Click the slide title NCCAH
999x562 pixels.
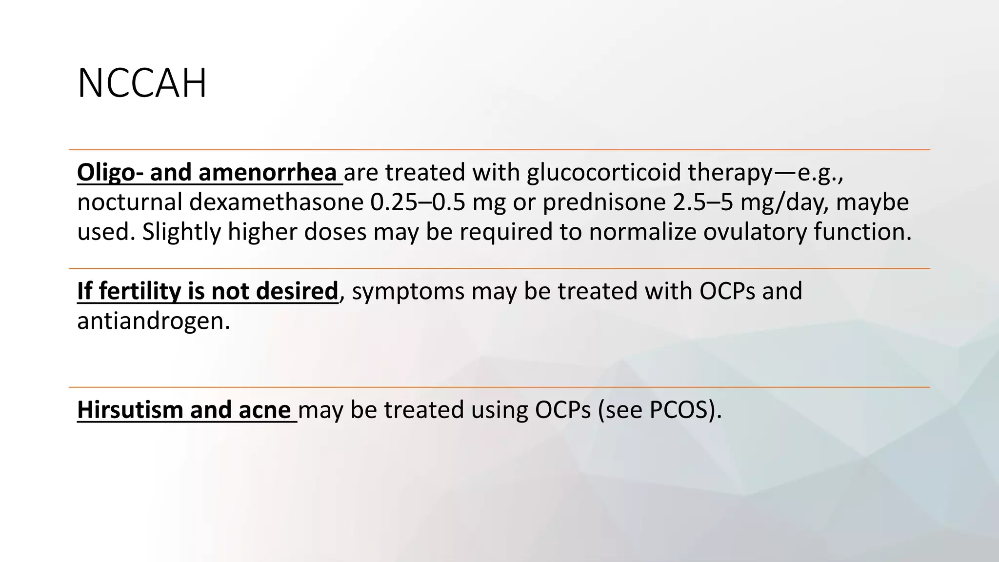pos(142,84)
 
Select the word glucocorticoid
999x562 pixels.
pos(604,172)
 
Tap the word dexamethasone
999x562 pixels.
pos(276,202)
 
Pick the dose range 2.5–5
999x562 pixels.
pos(702,202)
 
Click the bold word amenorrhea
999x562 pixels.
pos(267,172)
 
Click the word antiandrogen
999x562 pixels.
pos(153,321)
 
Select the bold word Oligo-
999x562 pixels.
pos(110,172)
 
